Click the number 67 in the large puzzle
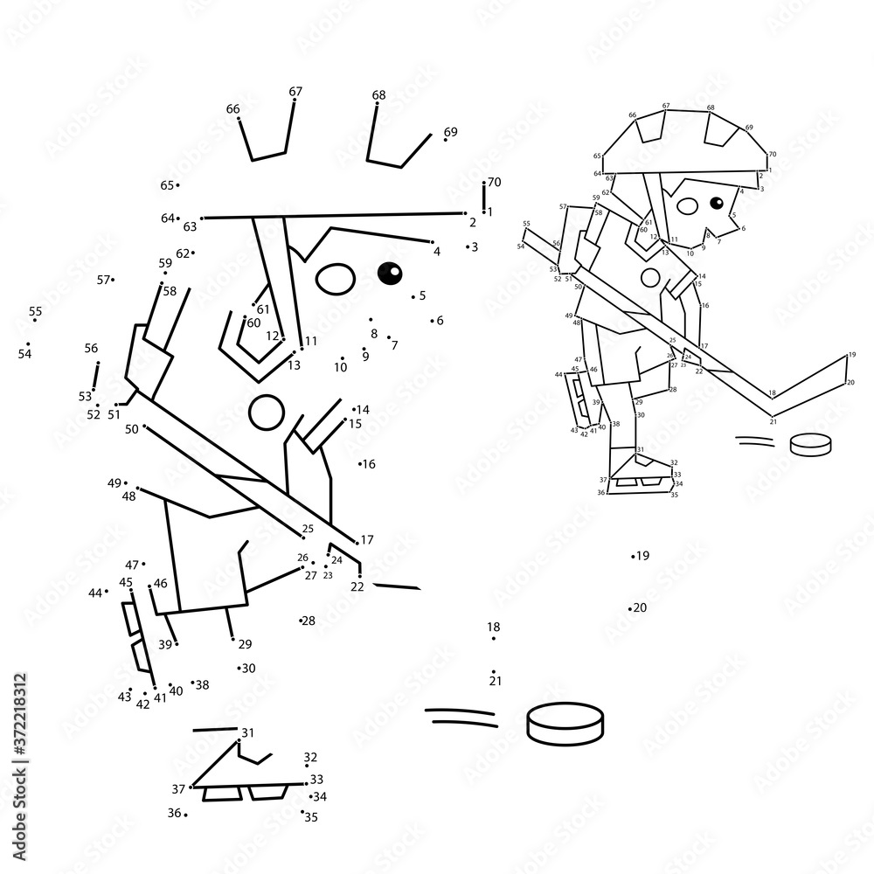pos(295,91)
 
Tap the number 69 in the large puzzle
pos(450,132)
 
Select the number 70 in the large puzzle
pos(494,182)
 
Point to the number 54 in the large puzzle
pos(24,354)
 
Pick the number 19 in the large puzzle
pos(642,555)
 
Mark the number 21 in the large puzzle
pos(496,680)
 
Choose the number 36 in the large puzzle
pos(175,813)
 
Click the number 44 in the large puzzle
pos(95,593)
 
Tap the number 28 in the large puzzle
pos(309,621)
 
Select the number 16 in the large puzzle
pos(369,464)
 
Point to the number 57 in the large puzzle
pos(104,280)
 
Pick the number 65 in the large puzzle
pos(167,185)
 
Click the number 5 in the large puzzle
pos(422,295)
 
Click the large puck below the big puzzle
pos(565,724)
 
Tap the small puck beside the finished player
pos(810,445)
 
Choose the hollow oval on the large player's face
pos(333,280)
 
